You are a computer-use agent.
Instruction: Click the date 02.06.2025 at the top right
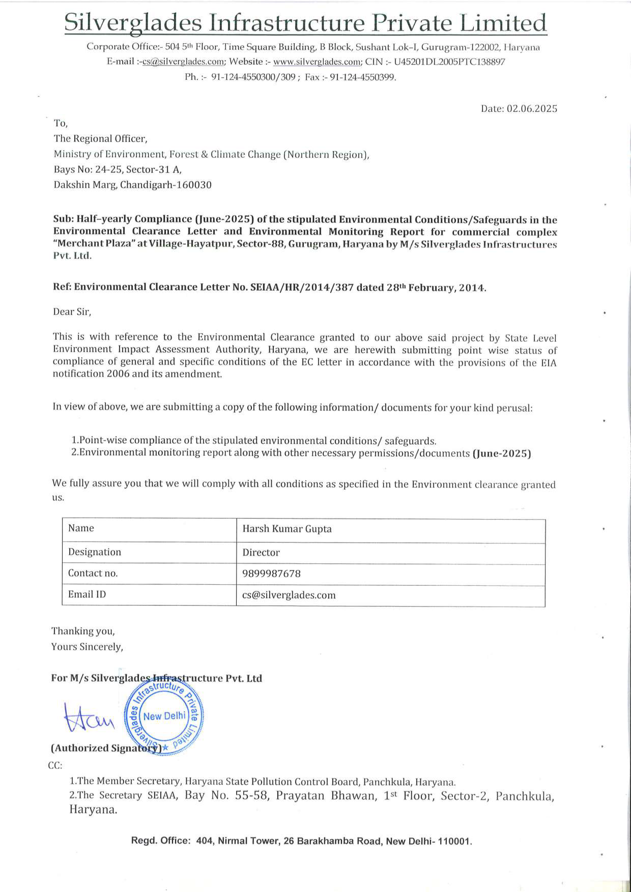(x=532, y=109)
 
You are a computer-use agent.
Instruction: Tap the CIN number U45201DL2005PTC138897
(x=450, y=62)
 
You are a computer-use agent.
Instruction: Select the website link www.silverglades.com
(x=317, y=62)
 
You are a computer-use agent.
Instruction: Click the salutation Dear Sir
(x=72, y=312)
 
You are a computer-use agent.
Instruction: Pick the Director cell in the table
(x=261, y=552)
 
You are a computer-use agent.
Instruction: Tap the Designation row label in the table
(x=94, y=552)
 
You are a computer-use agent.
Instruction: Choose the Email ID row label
(x=87, y=594)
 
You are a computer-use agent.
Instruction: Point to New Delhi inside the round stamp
(x=164, y=716)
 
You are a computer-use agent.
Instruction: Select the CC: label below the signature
(x=55, y=765)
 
